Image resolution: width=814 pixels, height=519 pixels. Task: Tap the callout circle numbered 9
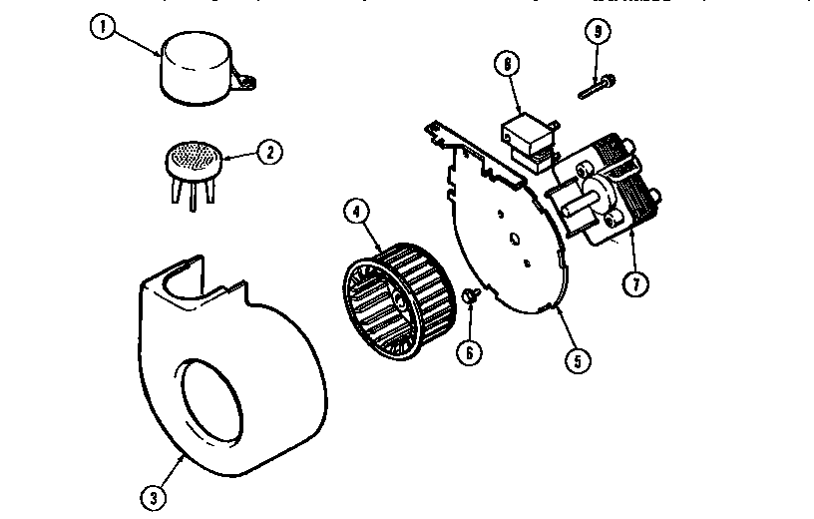coord(598,31)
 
